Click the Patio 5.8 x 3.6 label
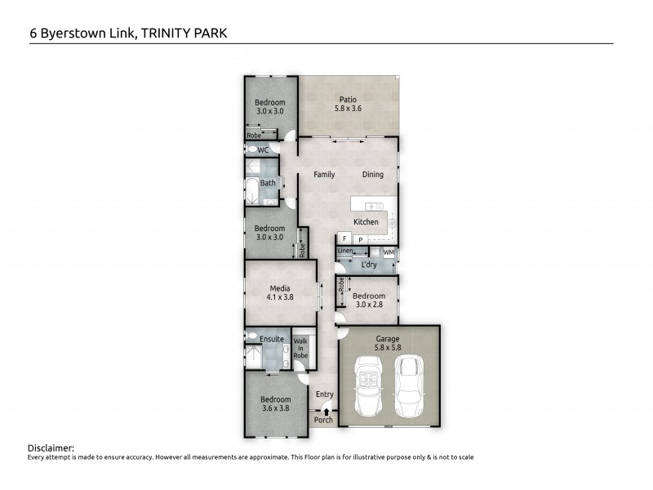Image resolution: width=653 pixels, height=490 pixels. [x=349, y=103]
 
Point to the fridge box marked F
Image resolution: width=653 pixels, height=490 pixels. [x=344, y=238]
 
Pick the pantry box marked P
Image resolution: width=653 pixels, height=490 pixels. [x=359, y=238]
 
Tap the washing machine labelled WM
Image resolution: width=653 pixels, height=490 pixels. [x=389, y=252]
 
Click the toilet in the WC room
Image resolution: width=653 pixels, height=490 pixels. [x=251, y=150]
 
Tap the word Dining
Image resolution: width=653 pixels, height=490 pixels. [x=372, y=175]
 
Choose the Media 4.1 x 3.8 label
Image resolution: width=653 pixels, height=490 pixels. [x=280, y=293]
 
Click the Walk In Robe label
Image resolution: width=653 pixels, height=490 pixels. [x=301, y=348]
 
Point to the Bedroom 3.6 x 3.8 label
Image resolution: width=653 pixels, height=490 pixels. [x=277, y=404]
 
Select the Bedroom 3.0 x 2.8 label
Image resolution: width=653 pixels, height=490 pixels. [x=368, y=301]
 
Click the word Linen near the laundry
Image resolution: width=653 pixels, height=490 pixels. [x=345, y=251]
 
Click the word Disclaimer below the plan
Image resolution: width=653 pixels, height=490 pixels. [x=51, y=448]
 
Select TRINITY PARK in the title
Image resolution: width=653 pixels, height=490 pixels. [x=185, y=33]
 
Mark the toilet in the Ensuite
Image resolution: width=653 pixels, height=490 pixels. [x=251, y=336]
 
